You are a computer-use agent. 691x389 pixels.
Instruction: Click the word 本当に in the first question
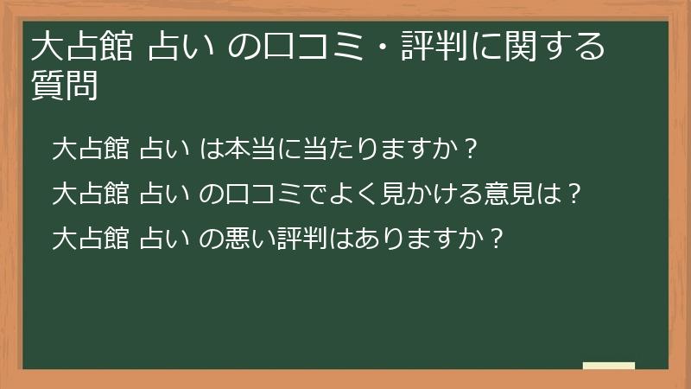tap(254, 150)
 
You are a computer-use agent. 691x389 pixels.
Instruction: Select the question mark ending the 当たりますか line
tap(471, 150)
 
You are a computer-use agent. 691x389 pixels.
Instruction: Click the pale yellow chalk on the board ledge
tap(608, 367)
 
